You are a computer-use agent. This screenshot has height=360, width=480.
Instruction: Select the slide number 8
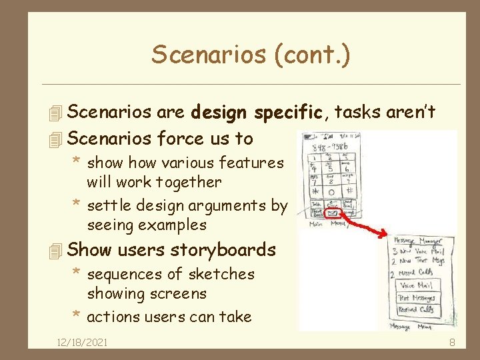452,343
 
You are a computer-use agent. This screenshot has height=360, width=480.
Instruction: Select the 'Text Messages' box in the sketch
417,298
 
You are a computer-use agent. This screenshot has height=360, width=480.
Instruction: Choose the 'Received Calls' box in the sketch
417,310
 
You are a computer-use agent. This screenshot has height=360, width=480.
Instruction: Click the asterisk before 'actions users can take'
77,315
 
